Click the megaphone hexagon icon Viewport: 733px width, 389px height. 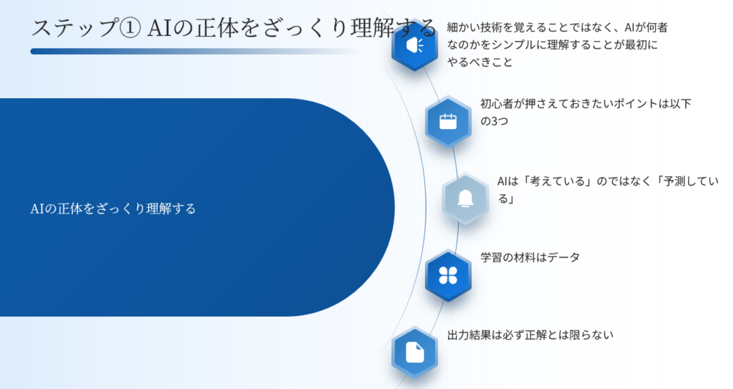(414, 45)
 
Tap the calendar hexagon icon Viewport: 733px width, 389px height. (448, 122)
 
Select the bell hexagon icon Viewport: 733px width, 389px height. (465, 198)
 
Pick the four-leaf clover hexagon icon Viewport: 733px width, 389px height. (448, 275)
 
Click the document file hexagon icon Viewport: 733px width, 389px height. (414, 352)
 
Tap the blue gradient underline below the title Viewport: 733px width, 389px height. (194, 52)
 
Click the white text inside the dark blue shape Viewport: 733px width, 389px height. (113, 208)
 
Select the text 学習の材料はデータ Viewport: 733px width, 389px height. (530, 257)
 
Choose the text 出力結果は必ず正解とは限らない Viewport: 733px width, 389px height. (530, 335)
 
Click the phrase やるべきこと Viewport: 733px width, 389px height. (480, 62)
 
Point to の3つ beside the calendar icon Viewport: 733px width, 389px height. (494, 121)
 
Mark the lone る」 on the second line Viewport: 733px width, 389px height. (505, 199)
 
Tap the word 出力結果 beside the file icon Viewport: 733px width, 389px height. (469, 335)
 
